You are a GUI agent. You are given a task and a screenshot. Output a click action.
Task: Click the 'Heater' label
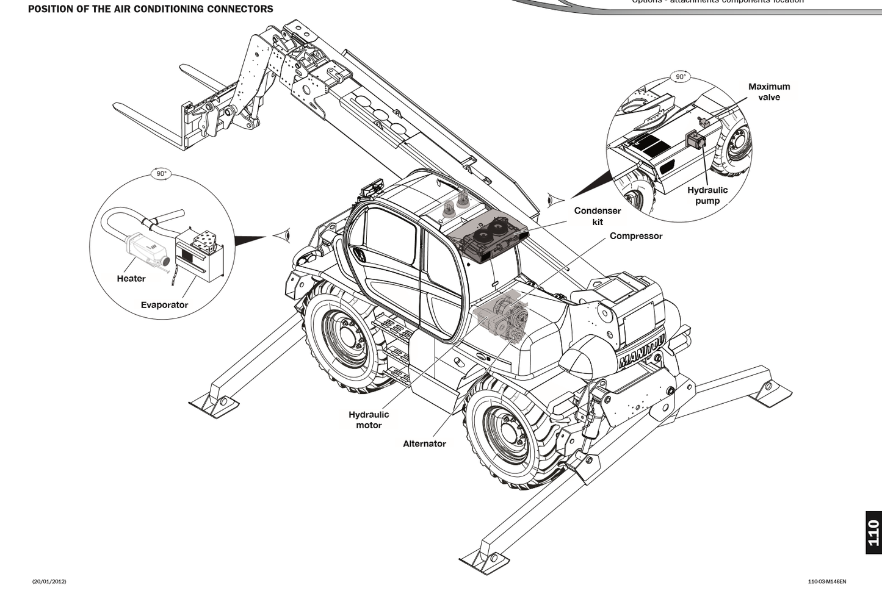131,279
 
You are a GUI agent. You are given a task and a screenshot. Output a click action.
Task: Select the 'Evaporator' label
164,305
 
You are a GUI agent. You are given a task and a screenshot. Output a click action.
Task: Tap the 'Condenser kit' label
598,216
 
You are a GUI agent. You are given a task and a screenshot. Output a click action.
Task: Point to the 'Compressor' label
635,236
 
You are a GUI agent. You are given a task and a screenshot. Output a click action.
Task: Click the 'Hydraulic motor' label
369,420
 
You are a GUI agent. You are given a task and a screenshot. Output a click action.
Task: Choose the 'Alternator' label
424,443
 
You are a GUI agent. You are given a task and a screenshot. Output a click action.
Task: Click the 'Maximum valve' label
769,91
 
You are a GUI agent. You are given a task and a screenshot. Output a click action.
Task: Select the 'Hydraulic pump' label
707,195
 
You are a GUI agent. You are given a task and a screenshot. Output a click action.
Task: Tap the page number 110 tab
873,533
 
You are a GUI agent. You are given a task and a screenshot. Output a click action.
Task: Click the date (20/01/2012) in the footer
49,581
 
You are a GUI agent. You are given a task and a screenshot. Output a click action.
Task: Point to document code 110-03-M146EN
826,581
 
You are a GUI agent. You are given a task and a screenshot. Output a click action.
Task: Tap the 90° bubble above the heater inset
161,174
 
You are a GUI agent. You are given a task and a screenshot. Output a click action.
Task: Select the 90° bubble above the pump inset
680,77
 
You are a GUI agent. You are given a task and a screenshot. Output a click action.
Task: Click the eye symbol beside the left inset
281,235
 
